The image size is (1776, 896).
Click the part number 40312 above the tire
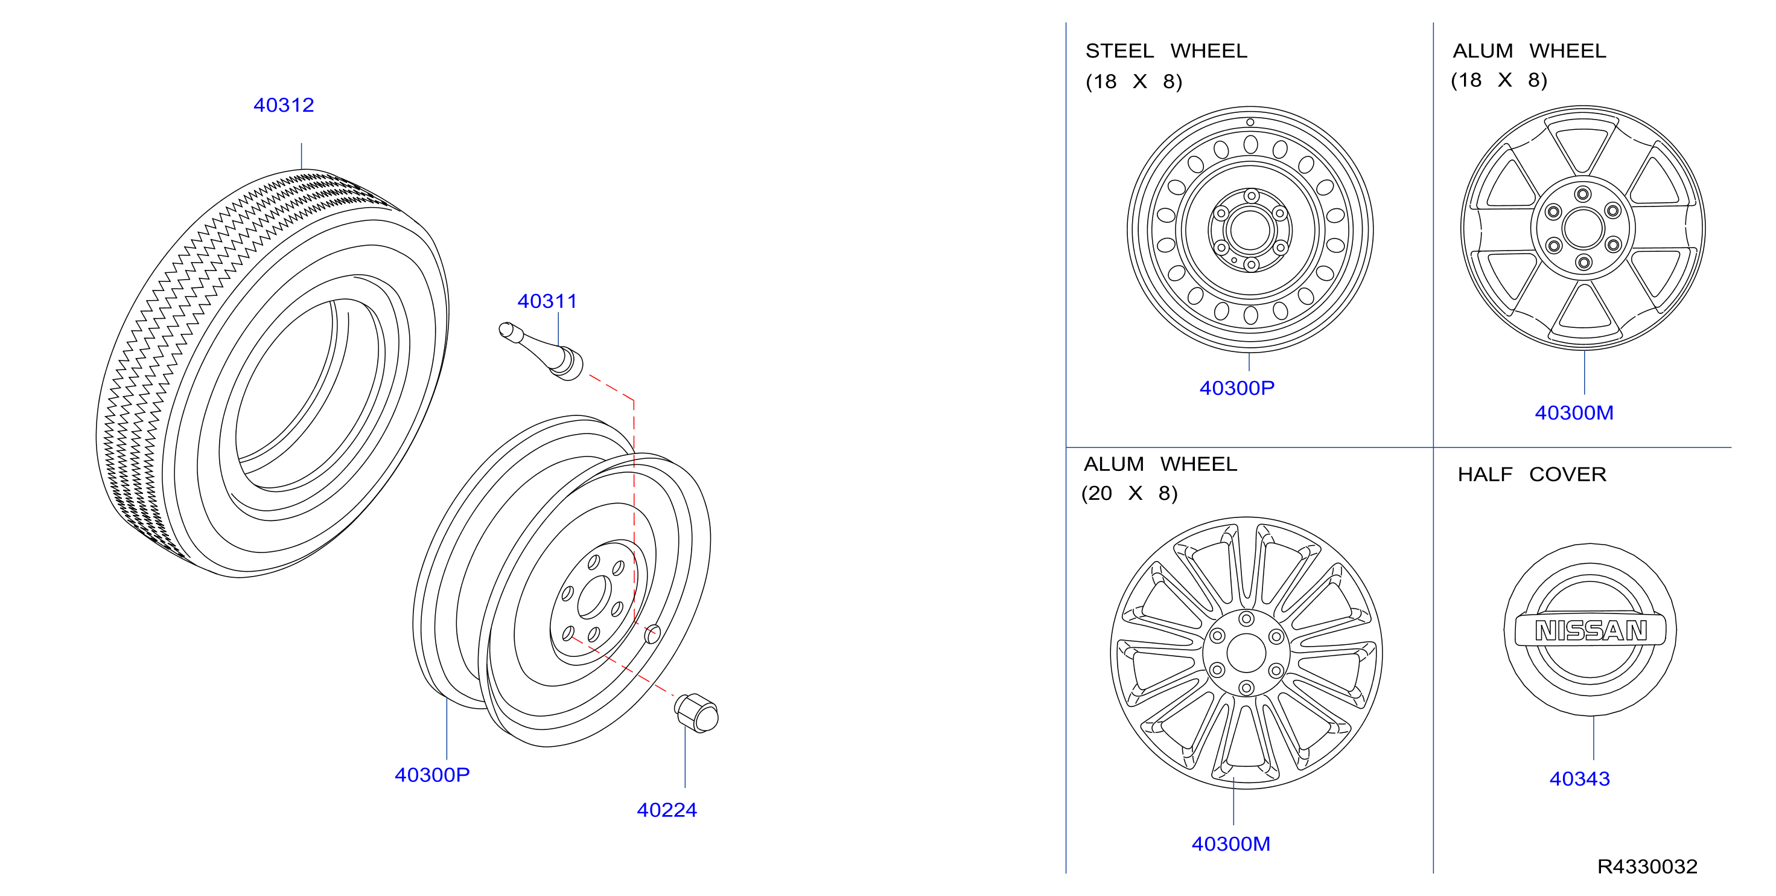284,105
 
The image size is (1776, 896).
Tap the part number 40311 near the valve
547,301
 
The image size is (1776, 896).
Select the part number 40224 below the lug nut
667,810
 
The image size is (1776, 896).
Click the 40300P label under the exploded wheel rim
431,775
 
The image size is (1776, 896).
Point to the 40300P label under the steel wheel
1237,388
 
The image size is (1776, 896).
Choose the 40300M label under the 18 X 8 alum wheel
1574,412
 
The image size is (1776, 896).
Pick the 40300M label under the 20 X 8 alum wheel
1230,843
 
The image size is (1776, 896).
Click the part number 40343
1579,779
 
